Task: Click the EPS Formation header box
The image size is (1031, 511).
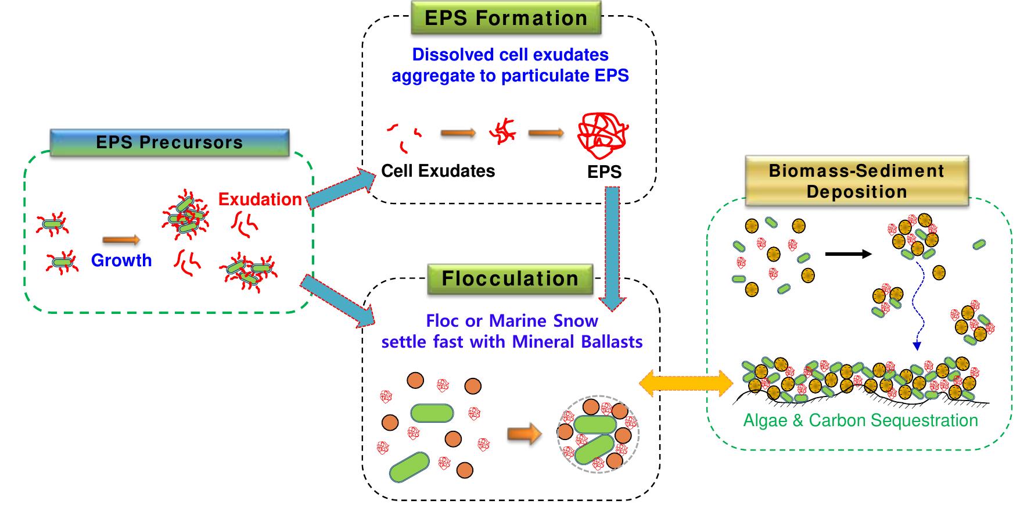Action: [506, 18]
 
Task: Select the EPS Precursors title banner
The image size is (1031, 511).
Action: [169, 143]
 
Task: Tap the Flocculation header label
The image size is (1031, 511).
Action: [510, 278]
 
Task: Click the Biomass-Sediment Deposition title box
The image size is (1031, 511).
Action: [856, 181]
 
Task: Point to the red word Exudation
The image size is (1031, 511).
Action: [260, 199]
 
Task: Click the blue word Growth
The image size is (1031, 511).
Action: [121, 260]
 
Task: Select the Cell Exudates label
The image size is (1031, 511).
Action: [438, 171]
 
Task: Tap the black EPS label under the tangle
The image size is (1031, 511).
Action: [604, 172]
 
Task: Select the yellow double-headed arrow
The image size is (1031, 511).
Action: [685, 384]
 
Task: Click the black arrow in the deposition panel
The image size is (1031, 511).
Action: [848, 254]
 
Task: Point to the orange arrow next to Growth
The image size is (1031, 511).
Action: [121, 240]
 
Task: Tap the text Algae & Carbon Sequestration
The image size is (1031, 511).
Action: [860, 420]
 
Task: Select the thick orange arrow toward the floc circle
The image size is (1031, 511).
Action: [524, 434]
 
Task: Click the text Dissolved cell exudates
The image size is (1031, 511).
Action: [510, 55]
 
